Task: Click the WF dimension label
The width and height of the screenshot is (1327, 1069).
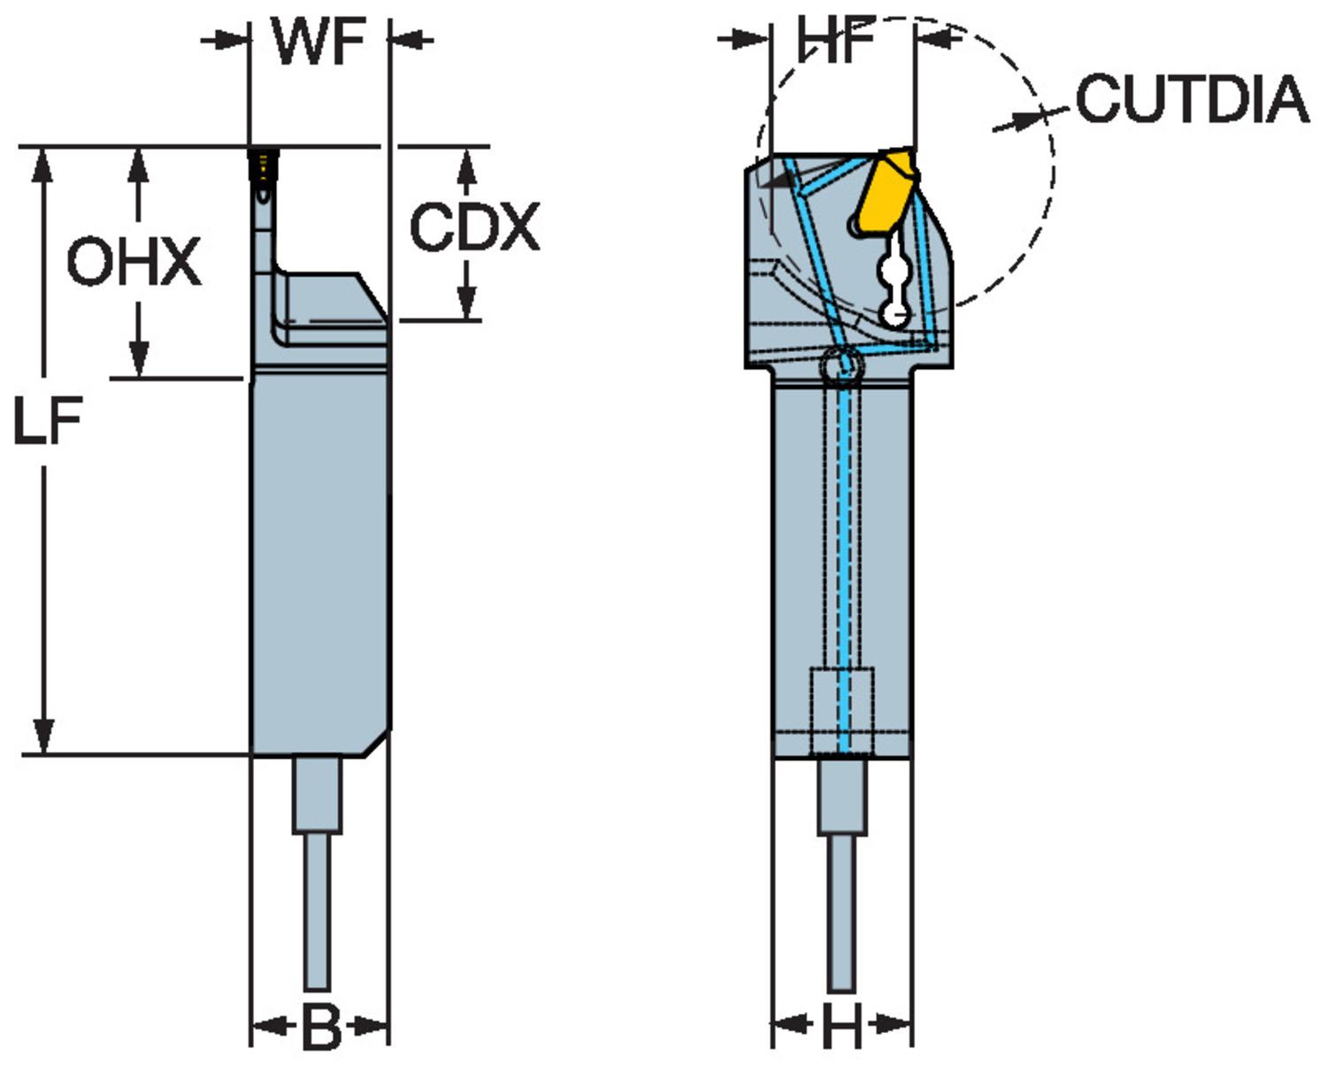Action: [319, 41]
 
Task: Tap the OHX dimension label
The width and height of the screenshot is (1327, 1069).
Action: [134, 262]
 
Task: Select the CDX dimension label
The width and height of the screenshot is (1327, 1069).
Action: [474, 227]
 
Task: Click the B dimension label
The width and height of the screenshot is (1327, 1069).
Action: [320, 1028]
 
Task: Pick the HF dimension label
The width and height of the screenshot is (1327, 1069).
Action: [836, 41]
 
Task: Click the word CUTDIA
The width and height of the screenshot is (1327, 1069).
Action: [1192, 98]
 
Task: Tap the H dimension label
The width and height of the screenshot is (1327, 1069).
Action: [841, 1028]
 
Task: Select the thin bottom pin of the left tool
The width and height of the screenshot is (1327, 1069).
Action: [317, 911]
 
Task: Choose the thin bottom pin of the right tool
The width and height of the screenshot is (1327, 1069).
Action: [841, 911]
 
